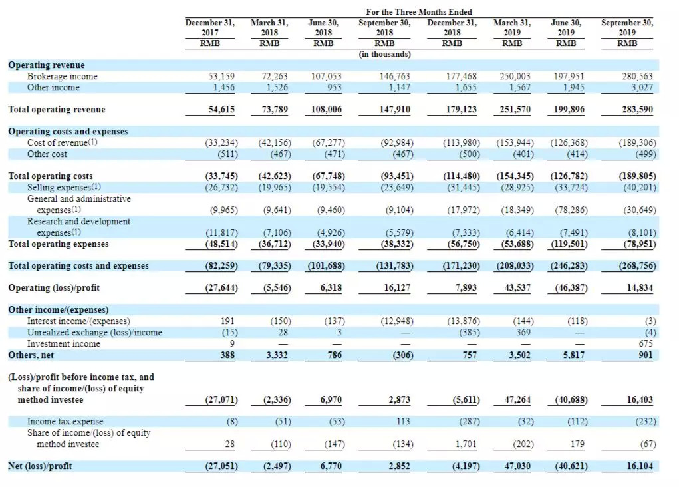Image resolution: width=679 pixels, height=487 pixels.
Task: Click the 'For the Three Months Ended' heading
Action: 419,12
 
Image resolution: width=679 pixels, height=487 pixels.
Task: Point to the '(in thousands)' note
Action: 385,54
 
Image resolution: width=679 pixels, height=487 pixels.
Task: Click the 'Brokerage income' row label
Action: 62,77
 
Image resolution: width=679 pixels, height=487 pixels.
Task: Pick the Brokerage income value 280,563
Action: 637,77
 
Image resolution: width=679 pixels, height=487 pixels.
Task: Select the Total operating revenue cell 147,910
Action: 395,110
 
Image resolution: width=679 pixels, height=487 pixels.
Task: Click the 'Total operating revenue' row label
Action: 57,110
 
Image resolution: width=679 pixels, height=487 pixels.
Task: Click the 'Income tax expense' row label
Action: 65,422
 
